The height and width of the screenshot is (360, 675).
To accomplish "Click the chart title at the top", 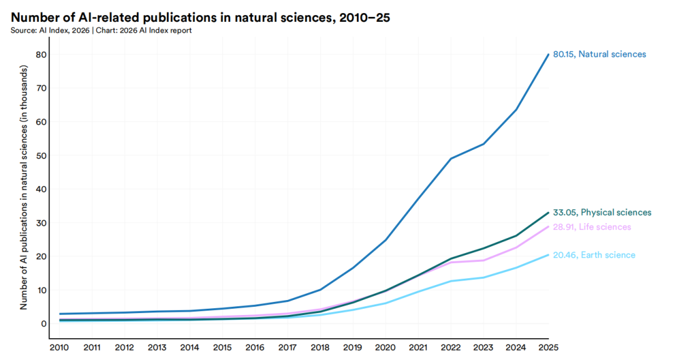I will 200,17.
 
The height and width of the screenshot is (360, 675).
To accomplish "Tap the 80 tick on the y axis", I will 41,54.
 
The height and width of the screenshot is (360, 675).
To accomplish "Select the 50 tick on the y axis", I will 41,156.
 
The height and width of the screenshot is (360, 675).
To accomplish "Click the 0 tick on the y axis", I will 43,324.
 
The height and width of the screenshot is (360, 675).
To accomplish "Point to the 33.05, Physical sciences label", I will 602,212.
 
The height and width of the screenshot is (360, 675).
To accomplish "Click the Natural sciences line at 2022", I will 451,159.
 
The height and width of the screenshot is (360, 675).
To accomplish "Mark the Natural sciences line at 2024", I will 516,110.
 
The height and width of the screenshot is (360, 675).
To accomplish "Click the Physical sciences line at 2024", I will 516,236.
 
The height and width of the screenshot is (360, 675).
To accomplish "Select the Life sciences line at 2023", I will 483,260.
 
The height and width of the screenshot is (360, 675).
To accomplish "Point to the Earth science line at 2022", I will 451,281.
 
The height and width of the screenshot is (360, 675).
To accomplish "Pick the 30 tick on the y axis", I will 41,223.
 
